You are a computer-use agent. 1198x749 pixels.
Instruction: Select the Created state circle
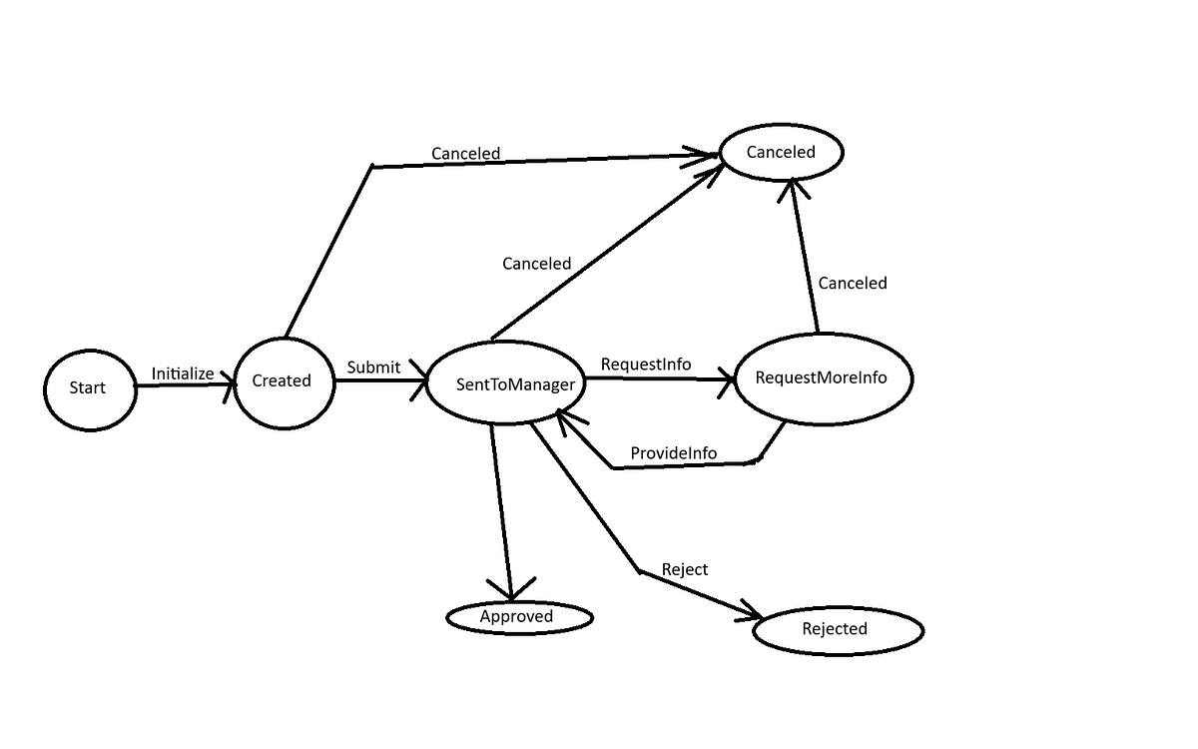coord(284,380)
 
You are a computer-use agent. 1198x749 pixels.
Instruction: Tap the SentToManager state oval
coord(506,383)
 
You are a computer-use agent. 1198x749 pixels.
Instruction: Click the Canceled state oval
coord(781,152)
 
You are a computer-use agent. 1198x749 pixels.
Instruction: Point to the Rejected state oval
coord(837,629)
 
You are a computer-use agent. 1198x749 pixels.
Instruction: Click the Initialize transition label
coord(182,374)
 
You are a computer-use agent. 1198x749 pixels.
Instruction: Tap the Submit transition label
coord(373,367)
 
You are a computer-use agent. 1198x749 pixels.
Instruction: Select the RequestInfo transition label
coord(645,365)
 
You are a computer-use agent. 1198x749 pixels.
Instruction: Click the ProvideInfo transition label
coord(673,453)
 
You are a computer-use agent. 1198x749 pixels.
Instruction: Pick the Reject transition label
coord(684,569)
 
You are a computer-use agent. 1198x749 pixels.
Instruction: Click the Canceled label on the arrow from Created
coord(465,154)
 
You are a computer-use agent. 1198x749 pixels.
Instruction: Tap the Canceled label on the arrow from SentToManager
coord(536,264)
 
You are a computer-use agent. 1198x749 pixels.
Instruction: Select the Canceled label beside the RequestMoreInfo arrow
coord(852,284)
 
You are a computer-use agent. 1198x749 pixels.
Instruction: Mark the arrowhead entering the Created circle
coord(227,382)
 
